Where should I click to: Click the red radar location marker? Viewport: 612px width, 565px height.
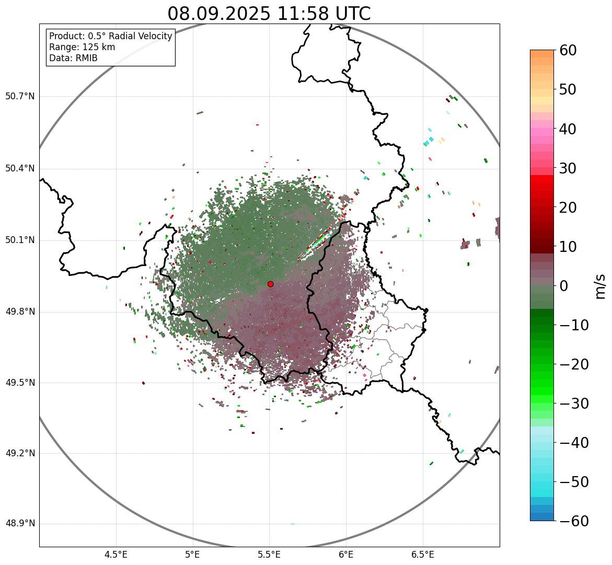coord(270,284)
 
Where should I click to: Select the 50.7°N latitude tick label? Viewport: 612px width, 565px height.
coord(20,96)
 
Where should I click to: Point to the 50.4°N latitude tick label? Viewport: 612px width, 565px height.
coord(20,168)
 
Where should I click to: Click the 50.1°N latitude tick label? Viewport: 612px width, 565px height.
coord(20,240)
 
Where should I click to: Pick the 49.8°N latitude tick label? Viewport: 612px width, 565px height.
coord(20,312)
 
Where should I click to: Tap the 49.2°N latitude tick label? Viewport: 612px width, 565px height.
coord(20,453)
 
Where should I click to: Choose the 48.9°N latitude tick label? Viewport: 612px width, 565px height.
coord(20,524)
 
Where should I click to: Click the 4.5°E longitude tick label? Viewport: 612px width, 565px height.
coord(116,554)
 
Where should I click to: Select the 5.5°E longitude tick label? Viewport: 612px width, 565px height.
coord(269,554)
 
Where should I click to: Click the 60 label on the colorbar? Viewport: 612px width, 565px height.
coord(568,50)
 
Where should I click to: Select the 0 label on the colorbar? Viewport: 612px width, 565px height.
coord(564,286)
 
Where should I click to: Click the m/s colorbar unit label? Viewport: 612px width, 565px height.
coord(601,286)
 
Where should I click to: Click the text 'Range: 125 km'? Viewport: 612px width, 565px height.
coord(82,47)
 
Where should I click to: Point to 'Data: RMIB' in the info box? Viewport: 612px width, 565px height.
coord(73,58)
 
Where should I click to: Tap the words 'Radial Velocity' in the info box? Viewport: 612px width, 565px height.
coord(141,36)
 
